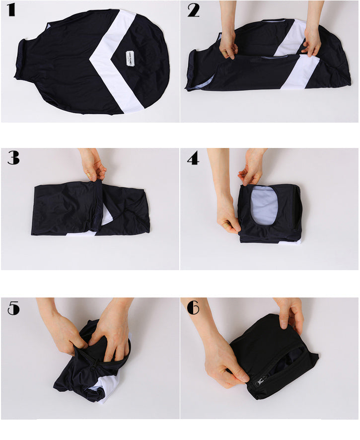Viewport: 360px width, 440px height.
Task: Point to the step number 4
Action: [x=193, y=158]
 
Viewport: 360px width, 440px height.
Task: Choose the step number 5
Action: [x=13, y=308]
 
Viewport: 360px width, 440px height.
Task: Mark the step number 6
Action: [x=193, y=308]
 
